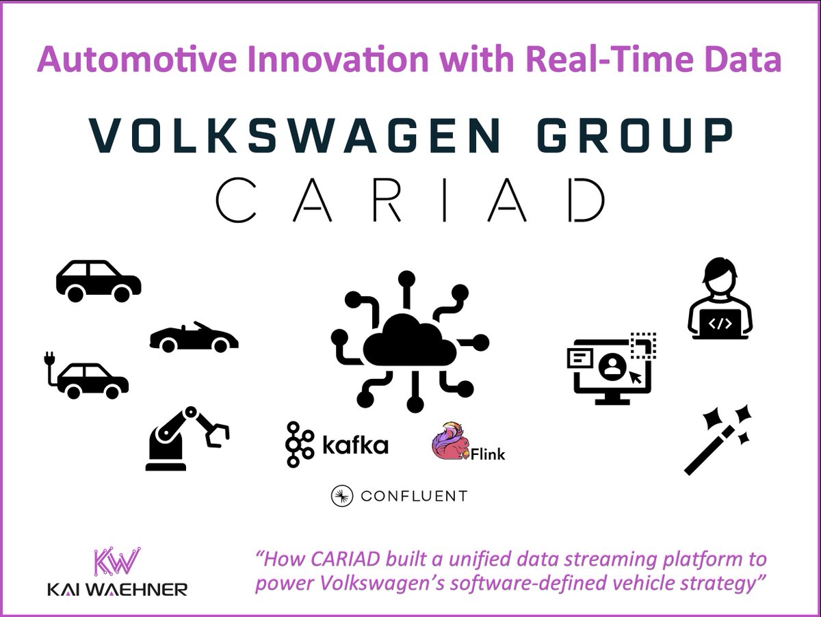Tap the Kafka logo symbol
[298, 444]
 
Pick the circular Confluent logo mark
[341, 497]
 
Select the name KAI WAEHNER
[117, 590]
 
